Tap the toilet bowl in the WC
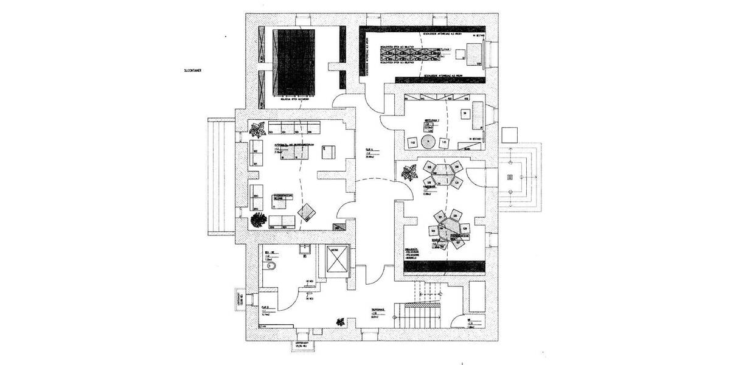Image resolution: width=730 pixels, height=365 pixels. point(271,266)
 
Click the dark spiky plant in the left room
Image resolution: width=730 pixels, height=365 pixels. point(258,218)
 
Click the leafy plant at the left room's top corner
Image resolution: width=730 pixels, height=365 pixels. point(258,128)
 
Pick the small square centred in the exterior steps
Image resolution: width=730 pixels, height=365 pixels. point(510,177)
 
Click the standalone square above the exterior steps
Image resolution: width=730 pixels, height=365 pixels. point(509,134)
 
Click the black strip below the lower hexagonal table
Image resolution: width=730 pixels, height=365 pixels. point(444,266)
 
